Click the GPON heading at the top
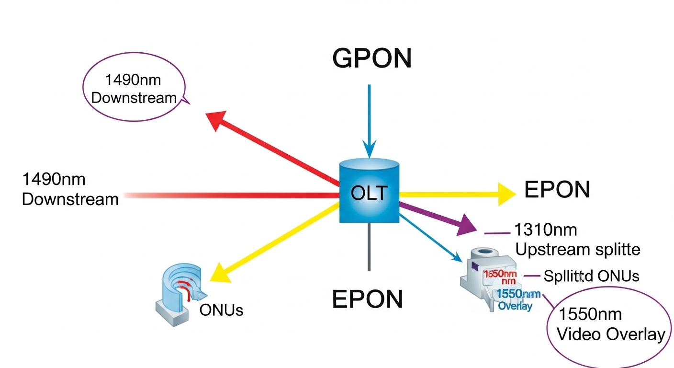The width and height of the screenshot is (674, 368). click(371, 58)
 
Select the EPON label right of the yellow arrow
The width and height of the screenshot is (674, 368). click(557, 190)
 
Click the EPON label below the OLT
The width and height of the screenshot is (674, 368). click(367, 299)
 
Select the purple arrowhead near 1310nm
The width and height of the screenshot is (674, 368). click(466, 225)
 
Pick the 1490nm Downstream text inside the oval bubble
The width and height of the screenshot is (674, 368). click(134, 89)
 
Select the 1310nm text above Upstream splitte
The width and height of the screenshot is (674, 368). click(545, 230)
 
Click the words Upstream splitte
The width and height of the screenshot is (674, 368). click(577, 250)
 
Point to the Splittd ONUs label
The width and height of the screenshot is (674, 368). click(591, 276)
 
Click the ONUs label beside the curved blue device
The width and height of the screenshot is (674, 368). click(221, 310)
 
